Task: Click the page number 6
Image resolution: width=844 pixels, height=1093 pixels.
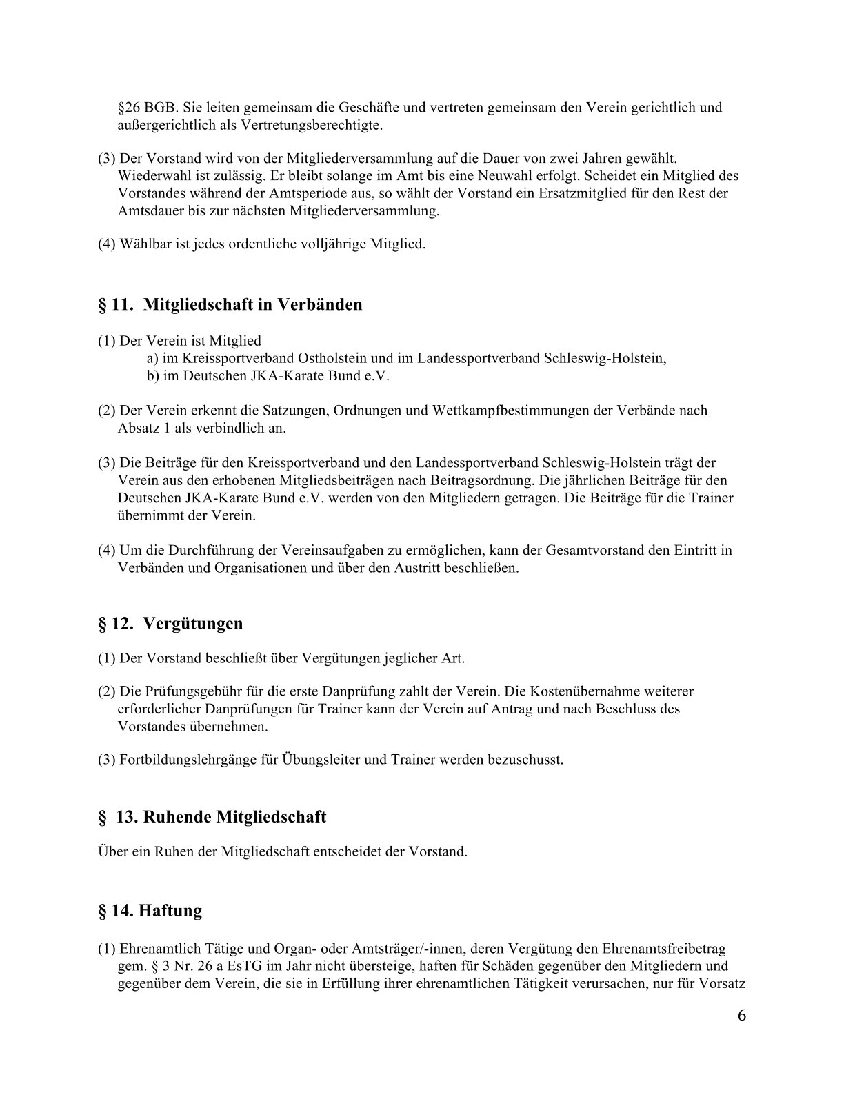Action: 741,1016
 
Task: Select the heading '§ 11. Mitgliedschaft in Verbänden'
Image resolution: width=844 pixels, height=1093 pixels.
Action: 230,304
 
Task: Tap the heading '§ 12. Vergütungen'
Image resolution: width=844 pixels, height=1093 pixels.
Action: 170,624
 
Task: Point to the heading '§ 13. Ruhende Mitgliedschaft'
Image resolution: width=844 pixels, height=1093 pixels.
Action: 212,818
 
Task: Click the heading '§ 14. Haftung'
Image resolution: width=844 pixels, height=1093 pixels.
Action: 150,912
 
